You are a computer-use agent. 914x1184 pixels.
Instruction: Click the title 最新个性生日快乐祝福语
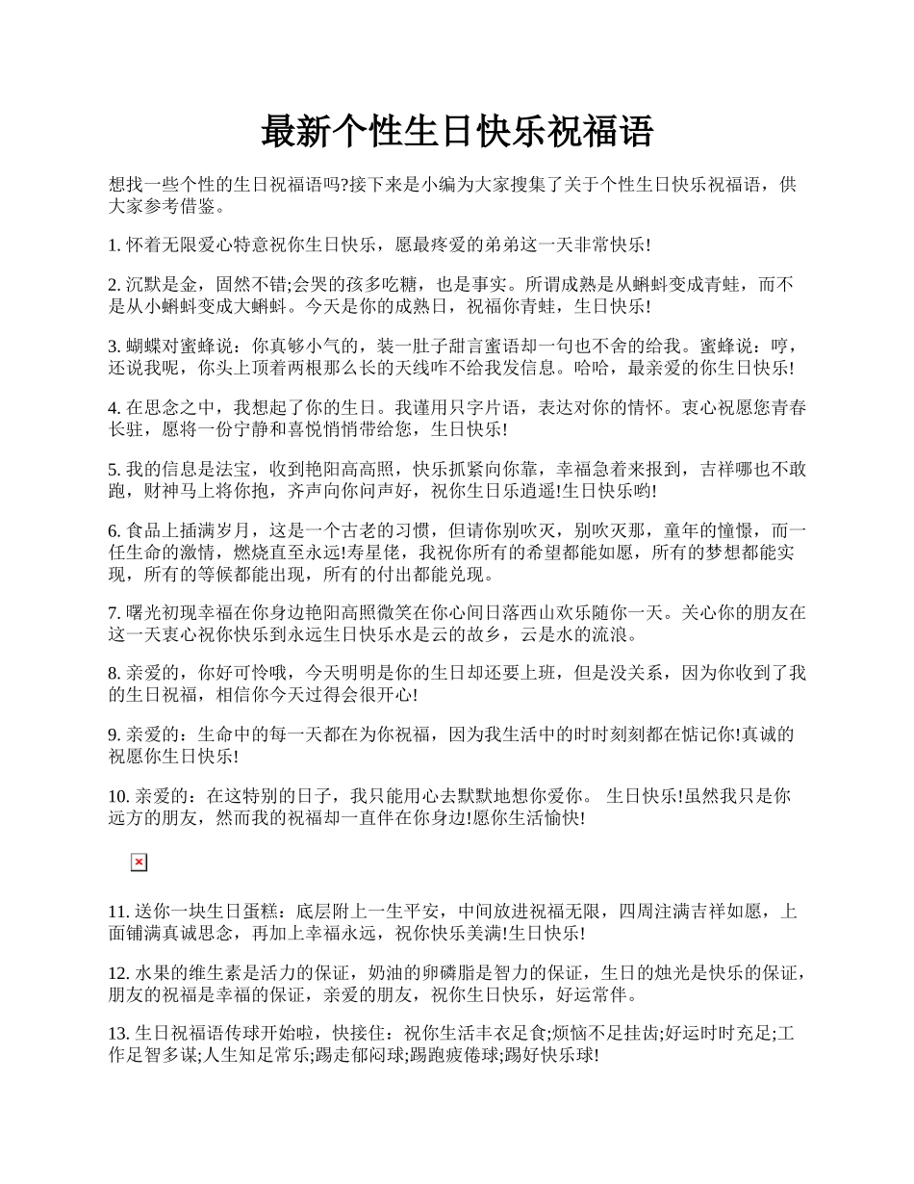click(457, 132)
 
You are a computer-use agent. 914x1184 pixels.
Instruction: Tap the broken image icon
click(139, 862)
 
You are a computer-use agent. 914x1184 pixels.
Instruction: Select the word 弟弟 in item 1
click(508, 245)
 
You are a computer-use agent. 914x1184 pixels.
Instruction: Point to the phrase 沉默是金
click(161, 285)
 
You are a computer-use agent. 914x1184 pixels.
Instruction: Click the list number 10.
click(119, 797)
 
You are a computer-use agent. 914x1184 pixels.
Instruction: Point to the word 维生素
click(215, 973)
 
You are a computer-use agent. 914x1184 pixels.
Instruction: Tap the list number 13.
click(119, 1035)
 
